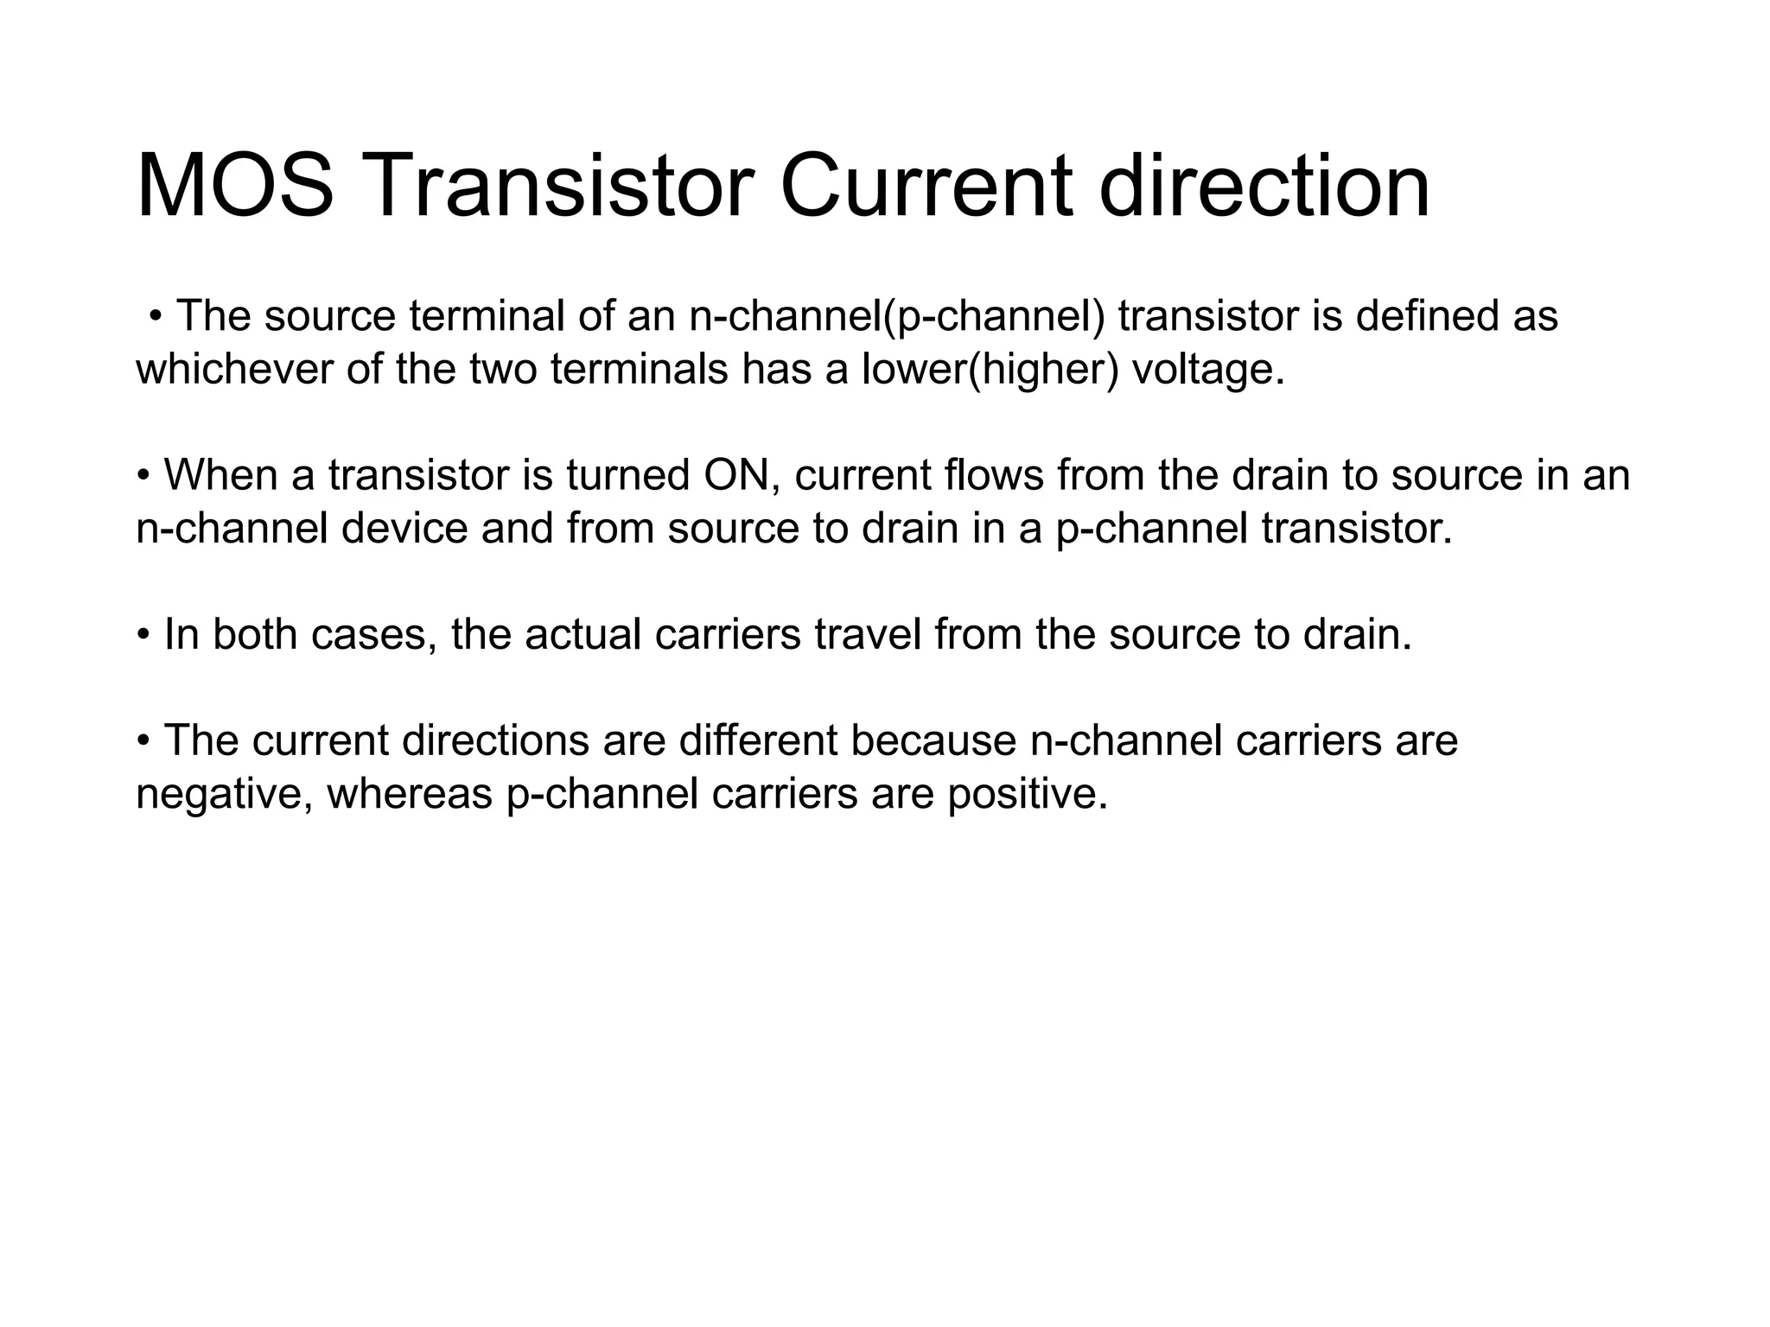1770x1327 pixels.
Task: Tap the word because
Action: point(933,741)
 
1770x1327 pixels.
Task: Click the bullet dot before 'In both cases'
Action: point(143,637)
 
